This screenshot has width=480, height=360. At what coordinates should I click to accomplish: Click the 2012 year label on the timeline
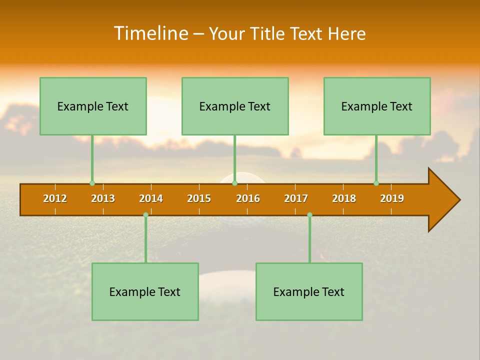55,198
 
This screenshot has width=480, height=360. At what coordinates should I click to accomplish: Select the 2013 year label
103,198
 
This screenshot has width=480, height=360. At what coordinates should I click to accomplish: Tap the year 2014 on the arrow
151,198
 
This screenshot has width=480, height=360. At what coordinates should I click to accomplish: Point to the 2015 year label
199,198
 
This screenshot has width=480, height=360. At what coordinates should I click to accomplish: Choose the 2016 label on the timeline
248,198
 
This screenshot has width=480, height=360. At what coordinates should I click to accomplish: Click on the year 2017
296,198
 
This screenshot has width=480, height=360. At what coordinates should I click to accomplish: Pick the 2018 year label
344,198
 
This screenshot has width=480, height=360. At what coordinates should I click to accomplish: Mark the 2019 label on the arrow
392,198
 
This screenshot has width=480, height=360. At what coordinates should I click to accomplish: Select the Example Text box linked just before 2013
93,106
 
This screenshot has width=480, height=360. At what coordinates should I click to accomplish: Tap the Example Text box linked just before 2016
235,106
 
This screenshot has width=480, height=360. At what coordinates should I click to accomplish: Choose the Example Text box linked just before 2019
377,106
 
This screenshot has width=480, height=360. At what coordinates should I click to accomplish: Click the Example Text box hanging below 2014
145,291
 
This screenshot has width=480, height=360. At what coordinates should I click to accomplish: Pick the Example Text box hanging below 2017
309,291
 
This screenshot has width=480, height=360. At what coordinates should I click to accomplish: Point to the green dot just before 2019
376,183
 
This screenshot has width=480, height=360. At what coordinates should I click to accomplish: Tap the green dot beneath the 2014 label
145,214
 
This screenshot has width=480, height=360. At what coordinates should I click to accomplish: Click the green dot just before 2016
234,183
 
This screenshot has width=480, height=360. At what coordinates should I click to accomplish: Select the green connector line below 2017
309,240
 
